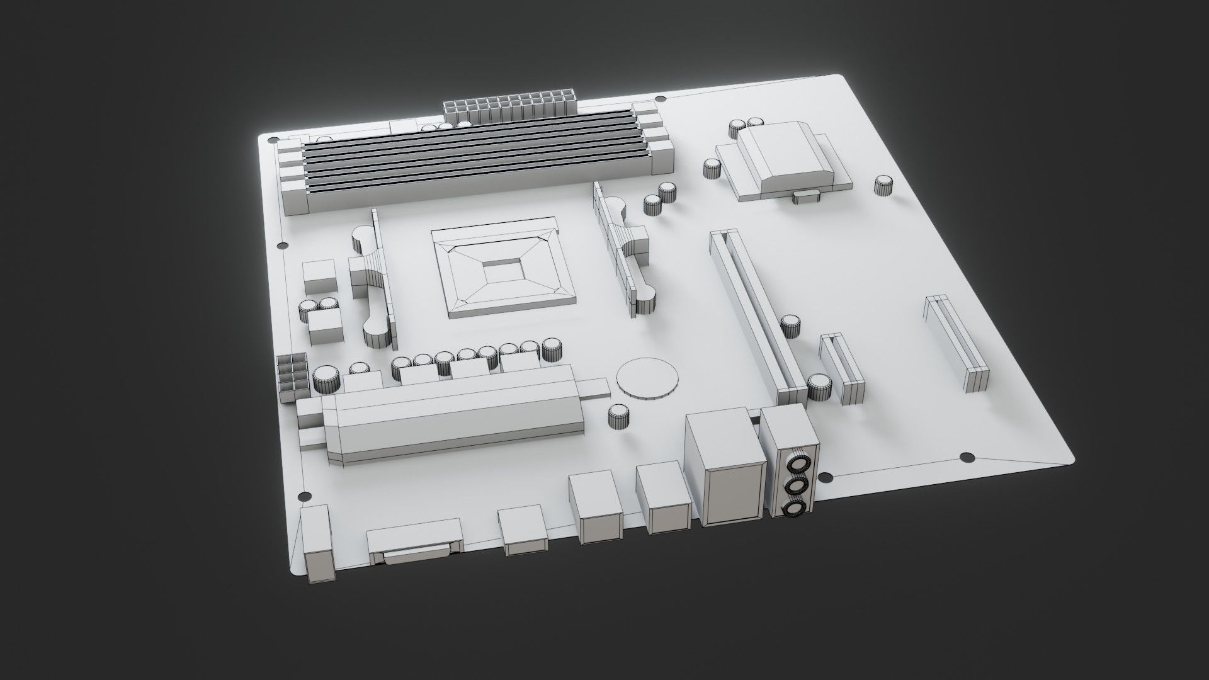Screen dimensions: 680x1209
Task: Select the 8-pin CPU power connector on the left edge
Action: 292,377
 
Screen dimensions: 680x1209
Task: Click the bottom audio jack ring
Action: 795,509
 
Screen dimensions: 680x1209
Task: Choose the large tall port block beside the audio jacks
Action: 727,466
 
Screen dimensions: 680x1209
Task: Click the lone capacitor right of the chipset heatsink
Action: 885,186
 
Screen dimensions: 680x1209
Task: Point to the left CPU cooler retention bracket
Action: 373,286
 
